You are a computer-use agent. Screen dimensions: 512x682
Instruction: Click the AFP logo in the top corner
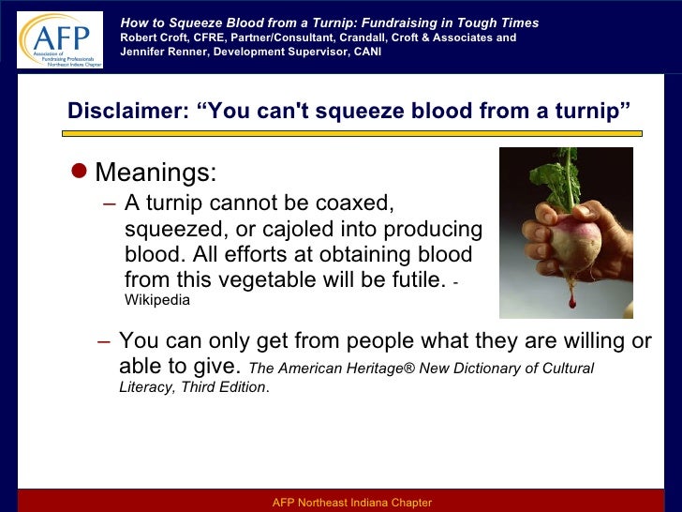tap(59, 38)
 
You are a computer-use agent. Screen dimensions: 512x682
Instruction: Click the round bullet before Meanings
tap(80, 172)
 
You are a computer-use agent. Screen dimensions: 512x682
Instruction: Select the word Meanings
tap(156, 173)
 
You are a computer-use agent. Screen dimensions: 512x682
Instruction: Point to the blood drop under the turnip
tap(571, 301)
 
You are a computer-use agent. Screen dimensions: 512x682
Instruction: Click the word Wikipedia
tap(156, 301)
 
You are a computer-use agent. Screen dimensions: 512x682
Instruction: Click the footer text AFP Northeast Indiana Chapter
tap(351, 503)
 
